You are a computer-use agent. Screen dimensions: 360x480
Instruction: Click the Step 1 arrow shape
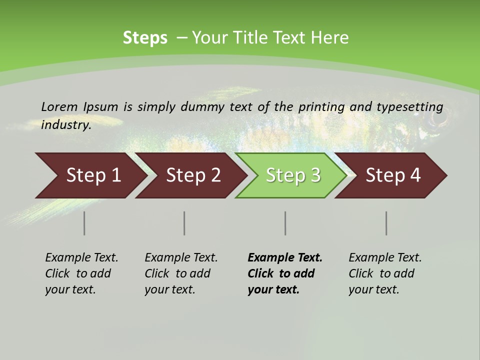[x=90, y=175]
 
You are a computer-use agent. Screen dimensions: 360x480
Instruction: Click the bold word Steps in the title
[x=145, y=38]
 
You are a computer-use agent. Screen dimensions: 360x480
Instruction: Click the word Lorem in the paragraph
[x=59, y=106]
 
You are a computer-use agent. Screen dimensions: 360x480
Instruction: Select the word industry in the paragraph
[x=65, y=124]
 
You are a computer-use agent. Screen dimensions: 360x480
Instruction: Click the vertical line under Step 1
[x=84, y=223]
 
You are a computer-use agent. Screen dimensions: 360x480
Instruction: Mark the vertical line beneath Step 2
[x=184, y=223]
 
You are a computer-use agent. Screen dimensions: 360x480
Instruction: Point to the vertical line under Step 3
[x=285, y=223]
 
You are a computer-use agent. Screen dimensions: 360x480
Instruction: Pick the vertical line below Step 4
[x=386, y=223]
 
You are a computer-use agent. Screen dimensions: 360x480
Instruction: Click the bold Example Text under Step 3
[x=285, y=258]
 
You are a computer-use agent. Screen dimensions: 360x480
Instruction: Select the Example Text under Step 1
[x=81, y=258]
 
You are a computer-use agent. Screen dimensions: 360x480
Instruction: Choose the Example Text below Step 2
[x=181, y=258]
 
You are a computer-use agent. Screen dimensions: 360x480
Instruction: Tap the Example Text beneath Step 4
[x=385, y=258]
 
